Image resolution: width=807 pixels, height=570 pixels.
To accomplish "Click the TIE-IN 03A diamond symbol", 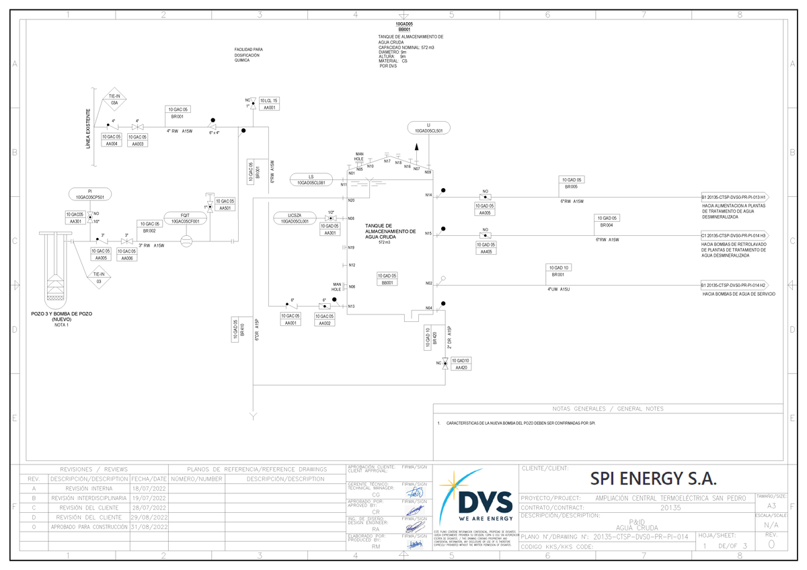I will [114, 101].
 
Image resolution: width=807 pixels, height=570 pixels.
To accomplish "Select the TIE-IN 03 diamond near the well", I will [99, 278].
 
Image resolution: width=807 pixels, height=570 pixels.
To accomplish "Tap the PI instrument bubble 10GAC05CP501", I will [90, 194].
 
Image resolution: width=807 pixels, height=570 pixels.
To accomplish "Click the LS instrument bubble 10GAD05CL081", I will [311, 179].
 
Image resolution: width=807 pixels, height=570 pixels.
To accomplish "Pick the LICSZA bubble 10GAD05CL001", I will [295, 218].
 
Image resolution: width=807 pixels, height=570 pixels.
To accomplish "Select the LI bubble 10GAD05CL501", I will [428, 128].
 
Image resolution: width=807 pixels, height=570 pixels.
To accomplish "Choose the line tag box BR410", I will [235, 330].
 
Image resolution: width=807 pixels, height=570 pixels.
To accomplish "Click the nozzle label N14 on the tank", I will [428, 195].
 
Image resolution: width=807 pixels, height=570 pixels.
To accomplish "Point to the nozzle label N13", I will [351, 307].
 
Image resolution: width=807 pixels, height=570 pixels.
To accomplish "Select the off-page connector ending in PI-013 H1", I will [734, 197].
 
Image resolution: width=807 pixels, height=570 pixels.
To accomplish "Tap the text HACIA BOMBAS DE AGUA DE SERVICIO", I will [738, 294].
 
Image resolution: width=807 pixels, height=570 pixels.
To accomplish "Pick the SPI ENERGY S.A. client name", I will [653, 479].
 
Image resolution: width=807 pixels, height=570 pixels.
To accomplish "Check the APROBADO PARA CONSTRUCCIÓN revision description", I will [89, 527].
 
